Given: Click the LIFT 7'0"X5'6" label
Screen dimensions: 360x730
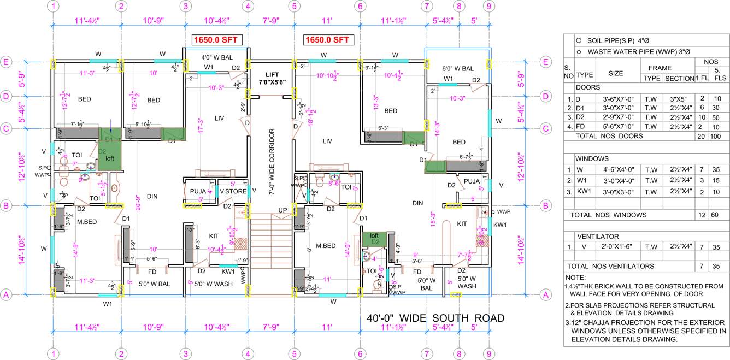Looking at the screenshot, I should (272, 78).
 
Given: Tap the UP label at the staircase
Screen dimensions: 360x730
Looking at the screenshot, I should (283, 210).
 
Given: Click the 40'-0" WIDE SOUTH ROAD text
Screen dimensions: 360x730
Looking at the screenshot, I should (435, 318).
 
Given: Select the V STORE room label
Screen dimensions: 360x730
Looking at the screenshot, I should (233, 191).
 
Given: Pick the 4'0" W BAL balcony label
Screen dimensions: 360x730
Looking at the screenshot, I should (216, 57).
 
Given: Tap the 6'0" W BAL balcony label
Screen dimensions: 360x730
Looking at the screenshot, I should (457, 68).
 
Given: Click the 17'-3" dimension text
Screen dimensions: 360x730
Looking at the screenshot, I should (200, 125).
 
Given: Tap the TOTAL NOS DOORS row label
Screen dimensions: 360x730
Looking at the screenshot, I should (606, 136).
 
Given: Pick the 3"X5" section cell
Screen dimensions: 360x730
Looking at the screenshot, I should (679, 99).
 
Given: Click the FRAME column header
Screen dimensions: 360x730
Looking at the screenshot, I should (660, 68).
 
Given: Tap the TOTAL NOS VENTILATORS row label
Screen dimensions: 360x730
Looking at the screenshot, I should (610, 266).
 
